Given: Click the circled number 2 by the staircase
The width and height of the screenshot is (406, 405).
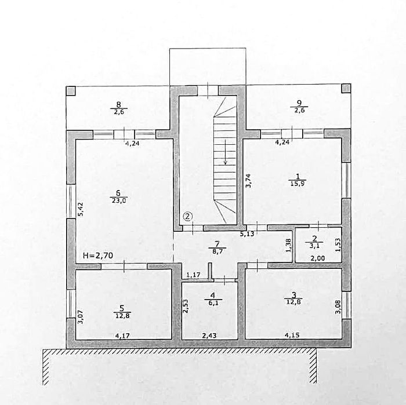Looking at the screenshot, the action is pyautogui.click(x=188, y=216).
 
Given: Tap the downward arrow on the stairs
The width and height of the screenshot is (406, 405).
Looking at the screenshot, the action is pyautogui.click(x=225, y=152).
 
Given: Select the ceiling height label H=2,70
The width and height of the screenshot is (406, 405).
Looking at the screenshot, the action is pyautogui.click(x=98, y=256).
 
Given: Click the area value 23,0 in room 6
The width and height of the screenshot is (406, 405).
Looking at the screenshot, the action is pyautogui.click(x=119, y=201).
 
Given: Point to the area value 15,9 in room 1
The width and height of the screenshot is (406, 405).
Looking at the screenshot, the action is pyautogui.click(x=297, y=183).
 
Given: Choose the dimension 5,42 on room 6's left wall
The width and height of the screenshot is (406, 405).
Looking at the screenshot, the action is pyautogui.click(x=81, y=209).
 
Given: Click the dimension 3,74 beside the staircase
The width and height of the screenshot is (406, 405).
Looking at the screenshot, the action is pyautogui.click(x=248, y=180).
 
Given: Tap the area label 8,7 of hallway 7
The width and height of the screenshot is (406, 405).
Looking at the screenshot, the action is pyautogui.click(x=217, y=251).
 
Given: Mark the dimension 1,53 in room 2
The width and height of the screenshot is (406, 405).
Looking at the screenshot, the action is pyautogui.click(x=338, y=245).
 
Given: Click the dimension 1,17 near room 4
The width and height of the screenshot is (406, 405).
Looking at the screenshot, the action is pyautogui.click(x=193, y=275).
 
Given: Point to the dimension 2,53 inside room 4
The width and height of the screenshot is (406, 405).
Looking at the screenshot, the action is pyautogui.click(x=186, y=306).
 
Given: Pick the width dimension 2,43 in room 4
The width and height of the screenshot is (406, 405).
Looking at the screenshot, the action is pyautogui.click(x=209, y=335).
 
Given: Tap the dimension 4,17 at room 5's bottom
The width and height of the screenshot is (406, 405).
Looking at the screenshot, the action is pyautogui.click(x=122, y=335).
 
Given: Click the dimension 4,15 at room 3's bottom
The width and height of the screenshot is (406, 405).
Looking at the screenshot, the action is pyautogui.click(x=292, y=335).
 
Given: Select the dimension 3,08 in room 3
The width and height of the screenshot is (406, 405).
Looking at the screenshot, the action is pyautogui.click(x=338, y=307).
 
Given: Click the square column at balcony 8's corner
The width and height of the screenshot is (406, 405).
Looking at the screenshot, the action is pyautogui.click(x=71, y=91).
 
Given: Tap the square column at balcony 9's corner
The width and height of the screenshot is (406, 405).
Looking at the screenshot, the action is pyautogui.click(x=346, y=89).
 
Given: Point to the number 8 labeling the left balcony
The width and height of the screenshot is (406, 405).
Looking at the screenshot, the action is pyautogui.click(x=118, y=104).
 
